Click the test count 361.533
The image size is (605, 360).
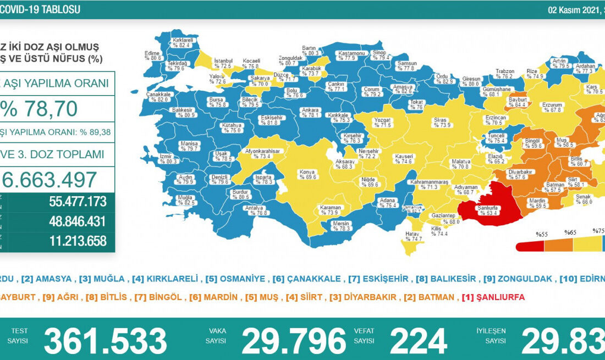click(x=105, y=341)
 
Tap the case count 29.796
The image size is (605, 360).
click(x=294, y=341)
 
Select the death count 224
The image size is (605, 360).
click(x=418, y=341)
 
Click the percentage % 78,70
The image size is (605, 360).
click(x=40, y=109)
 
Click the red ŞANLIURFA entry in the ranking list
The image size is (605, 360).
click(x=494, y=297)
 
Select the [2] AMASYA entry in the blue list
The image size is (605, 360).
click(x=44, y=279)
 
